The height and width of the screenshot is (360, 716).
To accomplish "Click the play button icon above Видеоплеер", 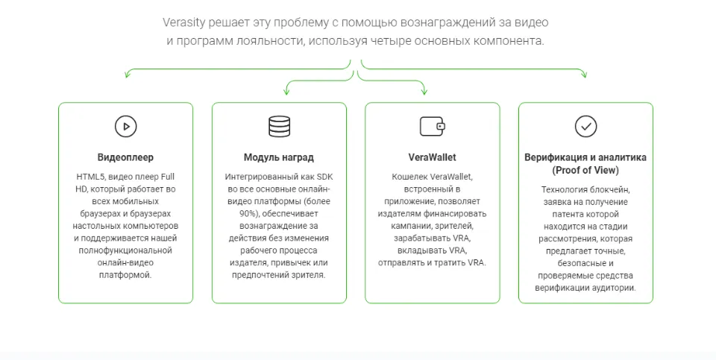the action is pos(125,127).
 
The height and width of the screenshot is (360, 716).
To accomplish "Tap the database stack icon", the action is pos(279,127).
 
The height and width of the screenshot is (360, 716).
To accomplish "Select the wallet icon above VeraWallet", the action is pos(433,127).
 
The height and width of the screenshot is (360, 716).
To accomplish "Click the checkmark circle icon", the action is pos(586,127).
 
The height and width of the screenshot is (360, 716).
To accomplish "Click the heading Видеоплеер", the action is pos(125,157).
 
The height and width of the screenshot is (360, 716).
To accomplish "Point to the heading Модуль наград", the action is pos(279,157).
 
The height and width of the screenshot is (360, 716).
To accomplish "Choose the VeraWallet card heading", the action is pos(433,157).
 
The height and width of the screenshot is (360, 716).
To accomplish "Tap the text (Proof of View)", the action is pos(585,170).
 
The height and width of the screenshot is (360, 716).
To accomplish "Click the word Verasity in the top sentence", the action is pos(184,22).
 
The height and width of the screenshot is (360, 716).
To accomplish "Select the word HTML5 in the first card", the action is pos(90,177).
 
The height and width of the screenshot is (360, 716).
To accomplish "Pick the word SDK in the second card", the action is pos(324,177).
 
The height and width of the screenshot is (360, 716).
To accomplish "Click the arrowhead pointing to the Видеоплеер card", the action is pos(128,74).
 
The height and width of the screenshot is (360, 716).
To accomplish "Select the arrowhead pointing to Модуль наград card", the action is pos(286,91).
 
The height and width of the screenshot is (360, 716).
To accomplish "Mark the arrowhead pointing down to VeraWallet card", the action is pos(424,91).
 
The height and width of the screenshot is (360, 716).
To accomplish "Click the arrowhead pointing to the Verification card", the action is pos(584,74).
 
